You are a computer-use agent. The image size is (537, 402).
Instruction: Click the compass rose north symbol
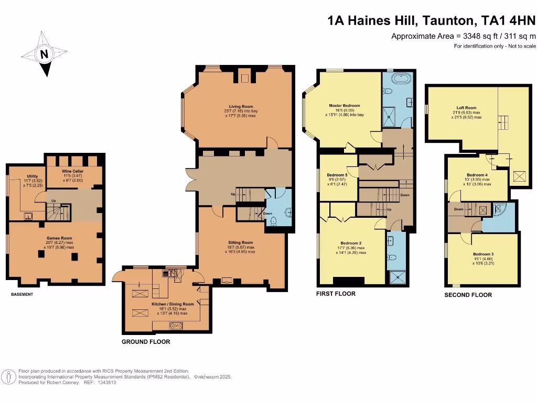pos(44,54)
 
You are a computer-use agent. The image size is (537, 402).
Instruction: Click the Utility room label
pos(26,176)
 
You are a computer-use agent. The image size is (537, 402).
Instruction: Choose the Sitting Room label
pos(240,243)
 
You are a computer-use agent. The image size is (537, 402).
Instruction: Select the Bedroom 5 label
pos(337,175)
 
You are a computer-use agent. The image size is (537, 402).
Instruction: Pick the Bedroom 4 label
pos(477,175)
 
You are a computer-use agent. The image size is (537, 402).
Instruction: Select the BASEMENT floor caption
pos(22,295)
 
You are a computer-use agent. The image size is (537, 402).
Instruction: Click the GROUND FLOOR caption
pos(146,342)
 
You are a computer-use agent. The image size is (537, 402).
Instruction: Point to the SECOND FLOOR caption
pos(467,295)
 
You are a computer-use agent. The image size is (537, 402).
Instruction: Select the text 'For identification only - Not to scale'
pos(495,47)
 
